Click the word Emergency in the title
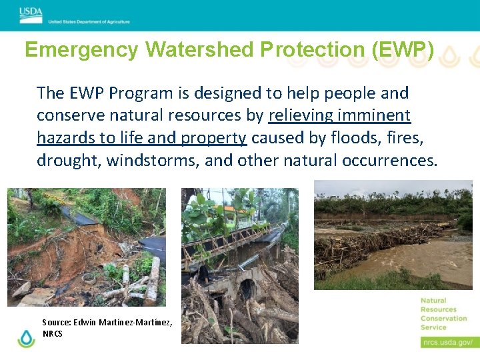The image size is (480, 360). (81, 50)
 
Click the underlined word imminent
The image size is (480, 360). (374, 115)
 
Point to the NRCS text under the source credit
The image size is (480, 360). (53, 333)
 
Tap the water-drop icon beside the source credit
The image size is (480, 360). (26, 338)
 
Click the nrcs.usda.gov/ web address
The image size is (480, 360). (446, 343)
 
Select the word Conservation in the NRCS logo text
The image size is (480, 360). (443, 318)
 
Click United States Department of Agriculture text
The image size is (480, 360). (89, 21)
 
